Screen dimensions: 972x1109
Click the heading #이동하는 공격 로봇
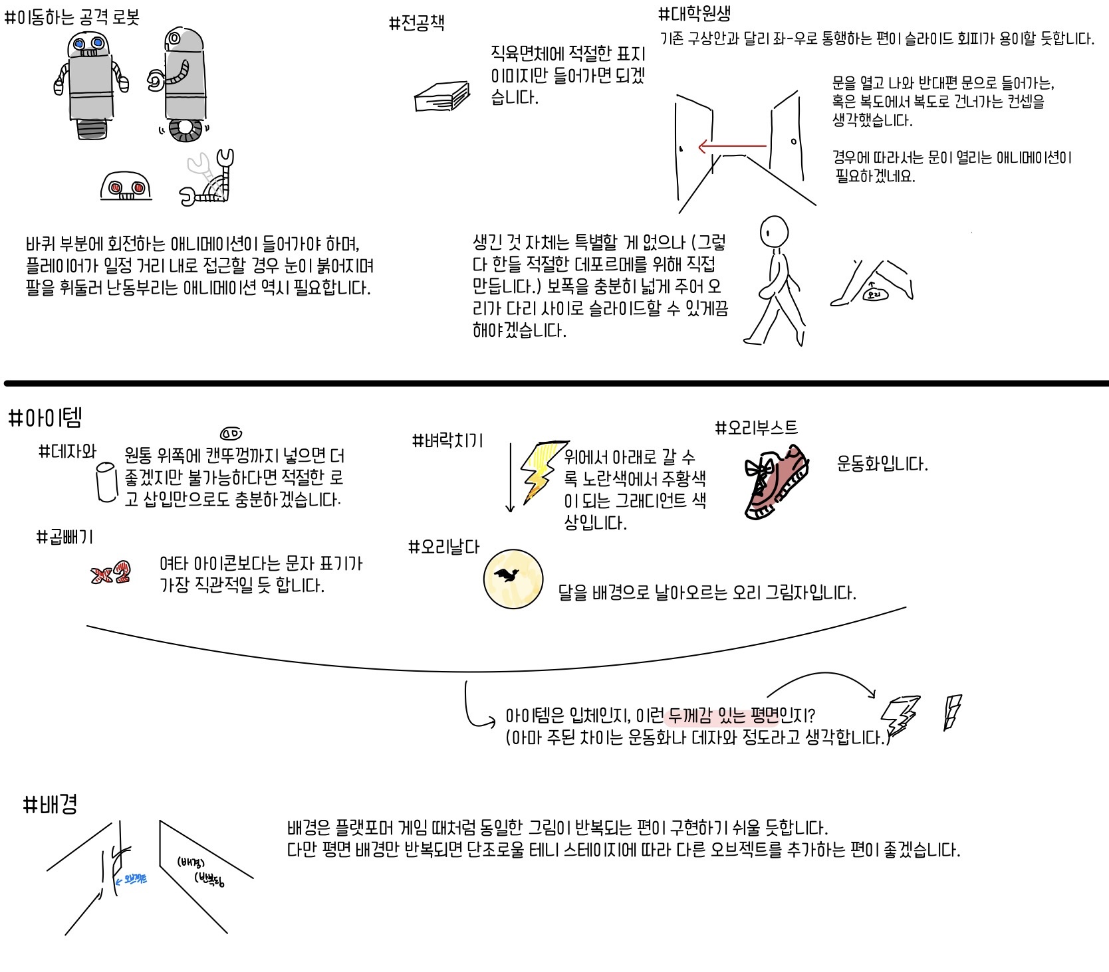[72, 17]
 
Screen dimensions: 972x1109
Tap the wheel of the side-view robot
[185, 131]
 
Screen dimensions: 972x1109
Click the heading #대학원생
[694, 14]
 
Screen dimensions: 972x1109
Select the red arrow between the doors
[731, 146]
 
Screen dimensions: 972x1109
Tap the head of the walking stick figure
[774, 231]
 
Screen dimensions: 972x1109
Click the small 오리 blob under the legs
[875, 293]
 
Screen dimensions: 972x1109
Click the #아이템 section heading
[45, 419]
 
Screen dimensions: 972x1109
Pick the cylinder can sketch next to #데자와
[107, 482]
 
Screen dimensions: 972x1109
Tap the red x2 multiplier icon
[110, 573]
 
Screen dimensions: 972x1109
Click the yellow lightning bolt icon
[542, 468]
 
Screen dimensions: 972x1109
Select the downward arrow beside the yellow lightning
[510, 478]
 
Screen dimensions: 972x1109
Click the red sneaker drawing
[776, 483]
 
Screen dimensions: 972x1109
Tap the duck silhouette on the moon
[512, 575]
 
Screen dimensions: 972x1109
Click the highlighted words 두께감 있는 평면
[723, 716]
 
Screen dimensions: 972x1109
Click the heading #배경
[51, 805]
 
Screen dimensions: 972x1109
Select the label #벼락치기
[447, 440]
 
